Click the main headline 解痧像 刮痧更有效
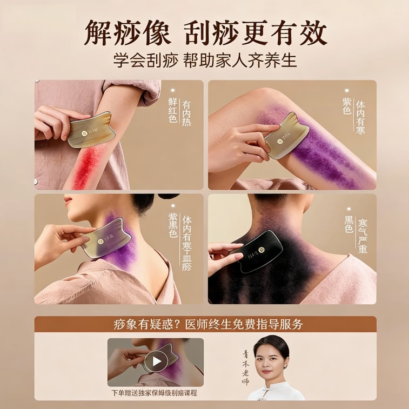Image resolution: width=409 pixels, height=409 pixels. [205, 33]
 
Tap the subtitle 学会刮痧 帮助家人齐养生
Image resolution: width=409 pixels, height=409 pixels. [205, 60]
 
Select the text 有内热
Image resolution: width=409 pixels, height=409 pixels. [186, 110]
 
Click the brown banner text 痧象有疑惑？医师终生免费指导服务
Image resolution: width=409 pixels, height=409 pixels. [205, 324]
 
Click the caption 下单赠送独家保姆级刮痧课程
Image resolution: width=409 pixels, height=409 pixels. [155, 393]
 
